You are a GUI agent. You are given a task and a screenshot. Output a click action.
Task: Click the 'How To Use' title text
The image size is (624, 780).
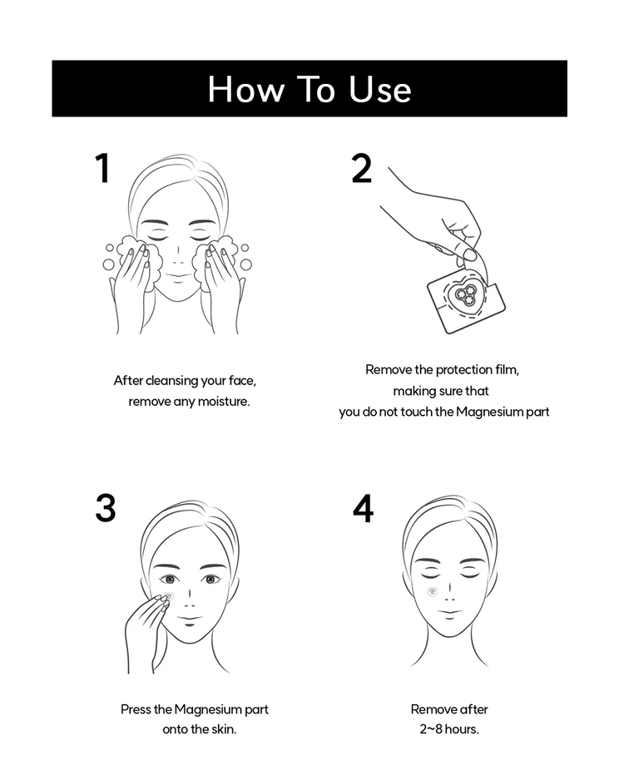[310, 89]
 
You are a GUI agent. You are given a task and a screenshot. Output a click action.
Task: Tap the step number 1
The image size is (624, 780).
[102, 168]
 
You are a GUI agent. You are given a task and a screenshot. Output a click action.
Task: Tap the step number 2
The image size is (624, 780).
[362, 168]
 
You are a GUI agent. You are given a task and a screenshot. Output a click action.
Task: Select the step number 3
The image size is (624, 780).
[105, 508]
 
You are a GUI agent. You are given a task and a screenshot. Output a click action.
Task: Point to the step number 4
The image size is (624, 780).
[363, 508]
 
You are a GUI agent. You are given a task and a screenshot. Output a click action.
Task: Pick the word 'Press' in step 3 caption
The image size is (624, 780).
[136, 709]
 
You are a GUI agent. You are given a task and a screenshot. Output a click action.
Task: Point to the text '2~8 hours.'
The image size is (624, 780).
[449, 729]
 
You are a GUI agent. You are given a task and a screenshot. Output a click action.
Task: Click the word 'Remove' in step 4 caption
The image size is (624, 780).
[432, 709]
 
